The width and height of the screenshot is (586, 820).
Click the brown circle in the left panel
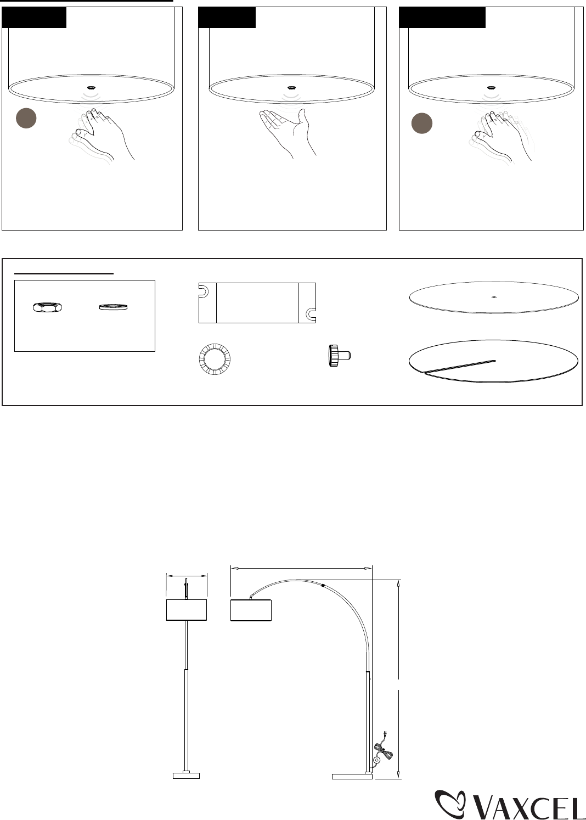pyautogui.click(x=26, y=118)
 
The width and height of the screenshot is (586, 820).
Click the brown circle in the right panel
pyautogui.click(x=421, y=123)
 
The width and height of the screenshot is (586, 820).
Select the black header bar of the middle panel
pyautogui.click(x=227, y=18)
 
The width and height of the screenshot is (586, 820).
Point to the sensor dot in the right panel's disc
pyautogui.click(x=491, y=88)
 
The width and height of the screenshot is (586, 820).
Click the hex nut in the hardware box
pyautogui.click(x=47, y=307)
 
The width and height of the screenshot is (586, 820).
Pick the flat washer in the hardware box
pyautogui.click(x=114, y=307)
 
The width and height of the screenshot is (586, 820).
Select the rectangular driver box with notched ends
pyautogui.click(x=257, y=303)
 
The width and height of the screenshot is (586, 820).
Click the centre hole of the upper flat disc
pyautogui.click(x=494, y=297)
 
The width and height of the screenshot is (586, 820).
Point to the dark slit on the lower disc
pyautogui.click(x=460, y=367)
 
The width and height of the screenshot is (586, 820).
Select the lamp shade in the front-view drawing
pyautogui.click(x=187, y=610)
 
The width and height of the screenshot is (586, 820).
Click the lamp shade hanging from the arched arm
pyautogui.click(x=251, y=610)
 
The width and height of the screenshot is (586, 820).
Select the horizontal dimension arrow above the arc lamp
pyautogui.click(x=301, y=568)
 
